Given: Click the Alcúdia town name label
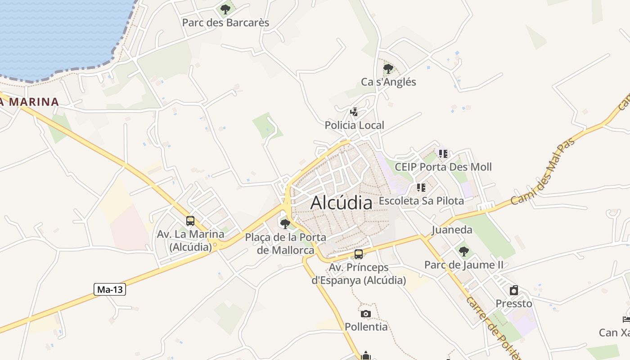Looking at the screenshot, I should (342, 202).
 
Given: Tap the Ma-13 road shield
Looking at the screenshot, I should (110, 289).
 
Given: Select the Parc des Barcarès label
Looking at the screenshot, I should (225, 22).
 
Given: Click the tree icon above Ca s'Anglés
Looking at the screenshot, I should (388, 69).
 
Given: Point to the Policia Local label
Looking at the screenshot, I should (355, 125).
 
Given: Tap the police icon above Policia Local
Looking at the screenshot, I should (354, 112).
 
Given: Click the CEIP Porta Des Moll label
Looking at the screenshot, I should (443, 167).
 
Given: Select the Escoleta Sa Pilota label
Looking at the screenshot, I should (421, 201).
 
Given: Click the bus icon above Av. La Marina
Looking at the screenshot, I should (190, 221).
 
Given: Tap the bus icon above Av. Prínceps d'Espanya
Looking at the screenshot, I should (359, 254).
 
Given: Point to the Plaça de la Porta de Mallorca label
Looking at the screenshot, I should (286, 243).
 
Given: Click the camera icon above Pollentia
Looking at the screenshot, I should (366, 313).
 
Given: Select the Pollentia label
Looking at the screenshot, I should (366, 327).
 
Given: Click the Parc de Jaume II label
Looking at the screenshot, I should (464, 265).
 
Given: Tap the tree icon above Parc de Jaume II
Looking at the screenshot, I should (464, 251).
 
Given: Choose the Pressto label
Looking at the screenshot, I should (514, 303).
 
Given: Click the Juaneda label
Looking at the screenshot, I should (452, 230).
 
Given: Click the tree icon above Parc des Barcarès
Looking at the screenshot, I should (225, 9).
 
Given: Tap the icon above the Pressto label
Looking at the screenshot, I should (514, 290).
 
